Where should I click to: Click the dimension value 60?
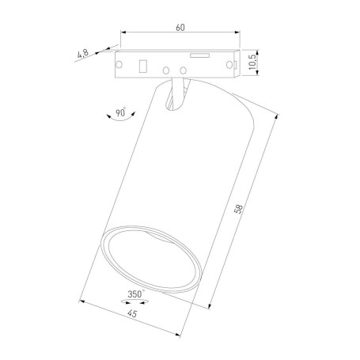point(180,28)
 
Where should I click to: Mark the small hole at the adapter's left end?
point(119,63)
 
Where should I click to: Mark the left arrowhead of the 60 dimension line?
point(123,33)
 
